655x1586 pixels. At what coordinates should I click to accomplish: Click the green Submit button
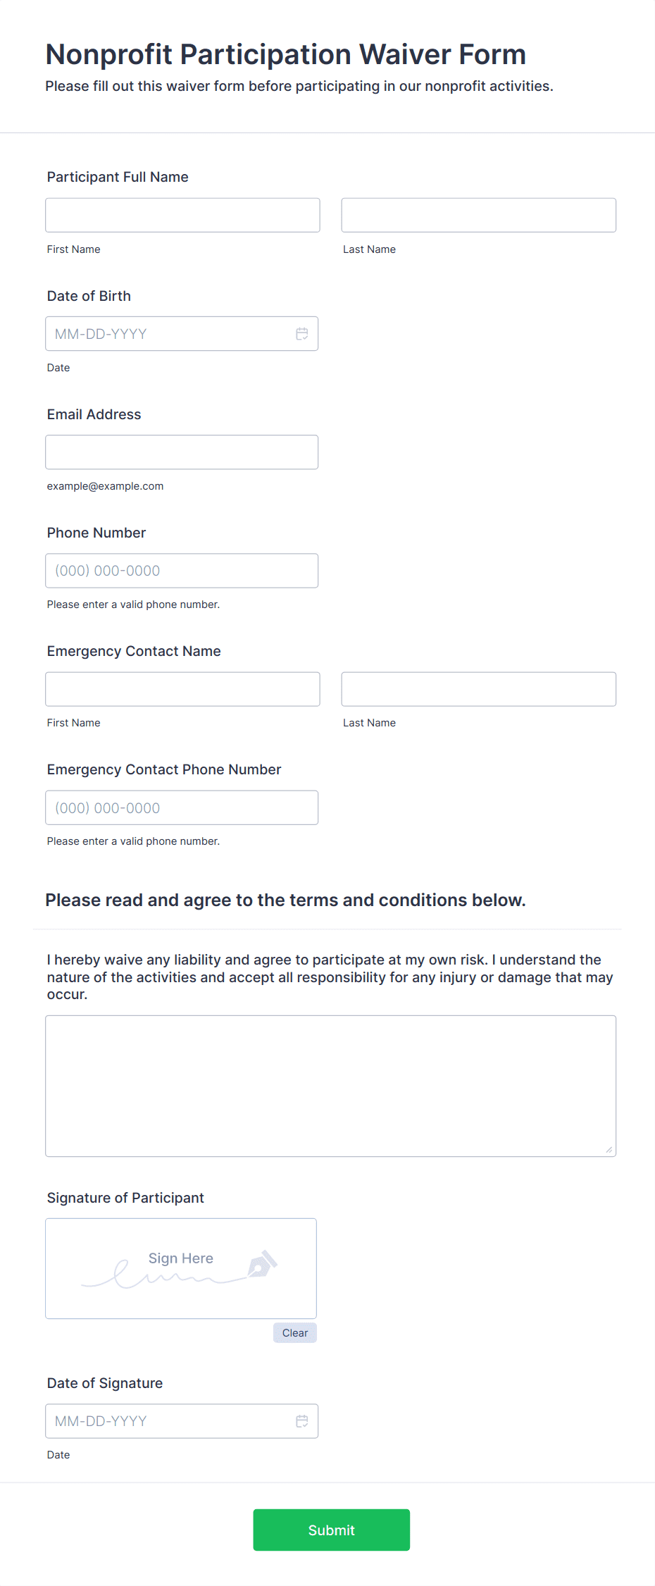[331, 1530]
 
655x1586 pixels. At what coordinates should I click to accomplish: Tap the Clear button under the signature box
[294, 1332]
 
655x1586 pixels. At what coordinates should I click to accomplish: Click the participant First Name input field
[182, 215]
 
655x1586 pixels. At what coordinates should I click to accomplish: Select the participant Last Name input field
[478, 215]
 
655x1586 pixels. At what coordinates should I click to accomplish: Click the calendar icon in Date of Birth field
[302, 334]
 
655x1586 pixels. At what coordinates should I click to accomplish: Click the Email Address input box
[182, 452]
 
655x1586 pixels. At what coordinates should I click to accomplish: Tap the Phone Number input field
[182, 571]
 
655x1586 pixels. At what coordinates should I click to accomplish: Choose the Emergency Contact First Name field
[182, 689]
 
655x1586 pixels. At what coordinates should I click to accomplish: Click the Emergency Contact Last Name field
[478, 689]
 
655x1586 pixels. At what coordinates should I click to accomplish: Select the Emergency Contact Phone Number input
[182, 807]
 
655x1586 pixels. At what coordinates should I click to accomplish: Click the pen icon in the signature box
[262, 1265]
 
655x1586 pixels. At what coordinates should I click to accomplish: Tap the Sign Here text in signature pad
[180, 1258]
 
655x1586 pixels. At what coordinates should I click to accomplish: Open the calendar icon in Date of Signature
[302, 1421]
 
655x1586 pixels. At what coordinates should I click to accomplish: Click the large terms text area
[330, 1086]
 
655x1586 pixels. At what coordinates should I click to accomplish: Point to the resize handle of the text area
[609, 1150]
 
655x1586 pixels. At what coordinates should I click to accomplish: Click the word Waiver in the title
[405, 54]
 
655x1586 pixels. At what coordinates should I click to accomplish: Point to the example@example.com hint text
[105, 486]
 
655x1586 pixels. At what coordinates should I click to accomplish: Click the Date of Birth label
[89, 296]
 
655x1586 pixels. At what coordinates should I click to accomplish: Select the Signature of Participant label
[125, 1198]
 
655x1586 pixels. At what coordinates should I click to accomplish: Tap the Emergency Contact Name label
[134, 651]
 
